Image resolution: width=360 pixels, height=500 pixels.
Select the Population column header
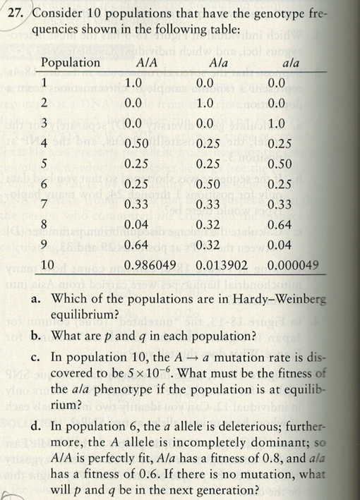pos(71,62)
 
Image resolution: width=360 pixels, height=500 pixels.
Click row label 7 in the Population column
pos(44,205)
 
